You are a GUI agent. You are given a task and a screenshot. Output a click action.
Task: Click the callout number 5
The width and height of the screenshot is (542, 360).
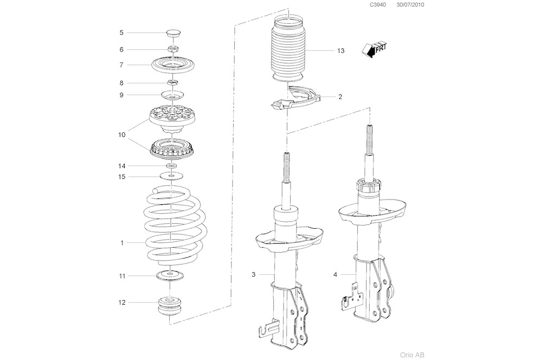click(121, 33)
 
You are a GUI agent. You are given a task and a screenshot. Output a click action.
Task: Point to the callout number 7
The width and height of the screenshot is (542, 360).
click(121, 65)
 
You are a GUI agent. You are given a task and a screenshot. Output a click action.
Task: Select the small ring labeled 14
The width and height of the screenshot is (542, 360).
click(171, 165)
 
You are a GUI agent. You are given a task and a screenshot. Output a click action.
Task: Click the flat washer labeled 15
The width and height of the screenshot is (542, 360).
click(171, 176)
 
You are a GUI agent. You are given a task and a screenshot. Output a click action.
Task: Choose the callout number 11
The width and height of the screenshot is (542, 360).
click(122, 276)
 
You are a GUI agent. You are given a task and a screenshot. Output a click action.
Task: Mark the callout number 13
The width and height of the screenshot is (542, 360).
click(340, 51)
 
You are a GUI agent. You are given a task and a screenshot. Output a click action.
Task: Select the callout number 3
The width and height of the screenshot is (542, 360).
click(253, 275)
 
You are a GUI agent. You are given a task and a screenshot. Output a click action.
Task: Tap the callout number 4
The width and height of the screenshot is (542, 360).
click(335, 275)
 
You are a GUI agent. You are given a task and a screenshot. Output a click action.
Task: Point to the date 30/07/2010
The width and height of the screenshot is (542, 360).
click(410, 5)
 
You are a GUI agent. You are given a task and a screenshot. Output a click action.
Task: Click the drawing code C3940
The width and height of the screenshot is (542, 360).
click(377, 5)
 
